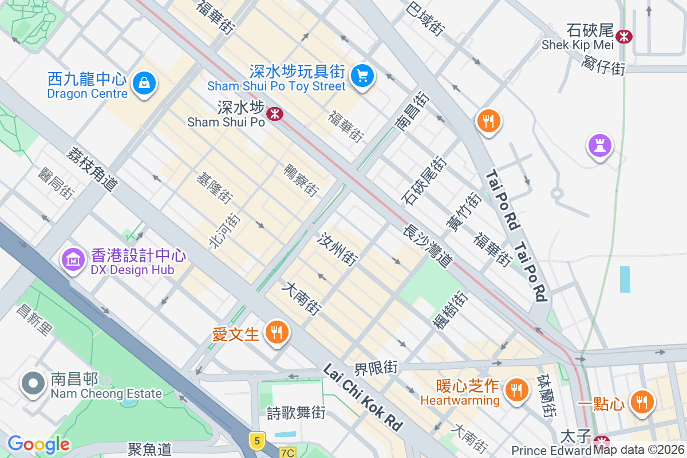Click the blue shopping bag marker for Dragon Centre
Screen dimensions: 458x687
click(144, 84)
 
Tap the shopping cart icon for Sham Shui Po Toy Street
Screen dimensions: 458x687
click(362, 75)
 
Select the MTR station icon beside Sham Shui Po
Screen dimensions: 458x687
click(275, 114)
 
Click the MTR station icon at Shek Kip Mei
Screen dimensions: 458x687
click(623, 37)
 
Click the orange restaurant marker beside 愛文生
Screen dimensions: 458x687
click(277, 332)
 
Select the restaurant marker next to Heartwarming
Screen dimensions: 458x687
click(516, 391)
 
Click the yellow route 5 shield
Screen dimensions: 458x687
click(257, 440)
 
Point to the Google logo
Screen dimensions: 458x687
click(38, 444)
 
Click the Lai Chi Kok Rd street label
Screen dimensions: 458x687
click(362, 396)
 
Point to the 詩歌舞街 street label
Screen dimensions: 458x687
click(296, 412)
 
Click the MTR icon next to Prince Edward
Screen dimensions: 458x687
click(602, 441)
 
